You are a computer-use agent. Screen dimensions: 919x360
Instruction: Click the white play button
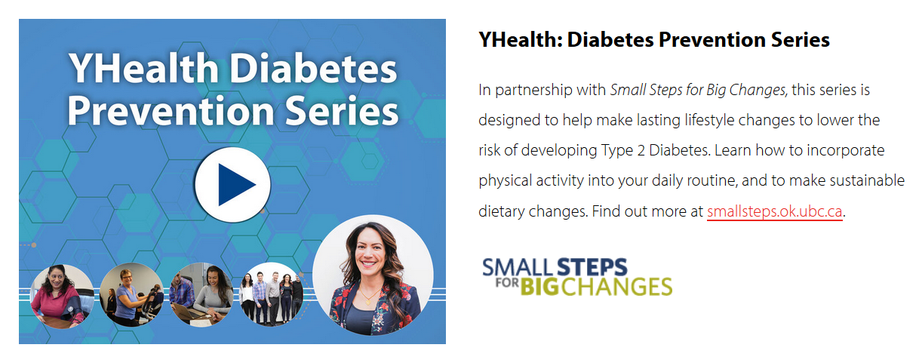232,185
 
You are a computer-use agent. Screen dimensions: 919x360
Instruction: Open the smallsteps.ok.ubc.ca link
775,211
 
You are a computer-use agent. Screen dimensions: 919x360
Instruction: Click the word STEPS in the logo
592,267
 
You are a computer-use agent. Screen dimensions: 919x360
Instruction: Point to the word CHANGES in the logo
616,287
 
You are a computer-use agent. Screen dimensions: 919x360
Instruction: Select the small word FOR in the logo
507,283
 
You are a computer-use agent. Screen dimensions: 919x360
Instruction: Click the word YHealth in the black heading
520,40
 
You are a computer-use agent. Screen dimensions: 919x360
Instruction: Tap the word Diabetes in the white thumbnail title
312,68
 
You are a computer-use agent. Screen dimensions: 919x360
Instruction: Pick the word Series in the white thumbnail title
341,111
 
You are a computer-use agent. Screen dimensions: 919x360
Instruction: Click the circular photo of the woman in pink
62,296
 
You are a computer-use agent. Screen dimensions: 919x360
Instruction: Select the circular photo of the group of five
271,294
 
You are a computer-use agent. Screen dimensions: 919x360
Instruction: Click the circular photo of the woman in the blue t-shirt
132,295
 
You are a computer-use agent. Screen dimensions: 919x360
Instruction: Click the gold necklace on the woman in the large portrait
367,297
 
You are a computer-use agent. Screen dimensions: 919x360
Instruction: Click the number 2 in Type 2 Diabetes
641,151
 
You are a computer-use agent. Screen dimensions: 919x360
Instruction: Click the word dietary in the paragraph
501,211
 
